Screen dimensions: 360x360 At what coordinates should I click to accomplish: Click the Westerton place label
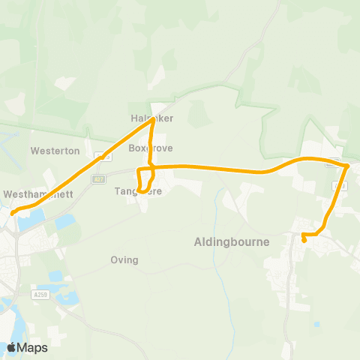(55, 151)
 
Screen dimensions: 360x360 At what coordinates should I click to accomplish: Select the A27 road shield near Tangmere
(98, 179)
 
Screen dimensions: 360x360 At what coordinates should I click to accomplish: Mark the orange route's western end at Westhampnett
(13, 213)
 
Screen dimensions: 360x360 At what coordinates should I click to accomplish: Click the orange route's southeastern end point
(304, 241)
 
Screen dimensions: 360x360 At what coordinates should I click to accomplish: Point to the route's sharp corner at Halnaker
(153, 119)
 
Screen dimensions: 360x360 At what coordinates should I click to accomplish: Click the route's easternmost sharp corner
(348, 166)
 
